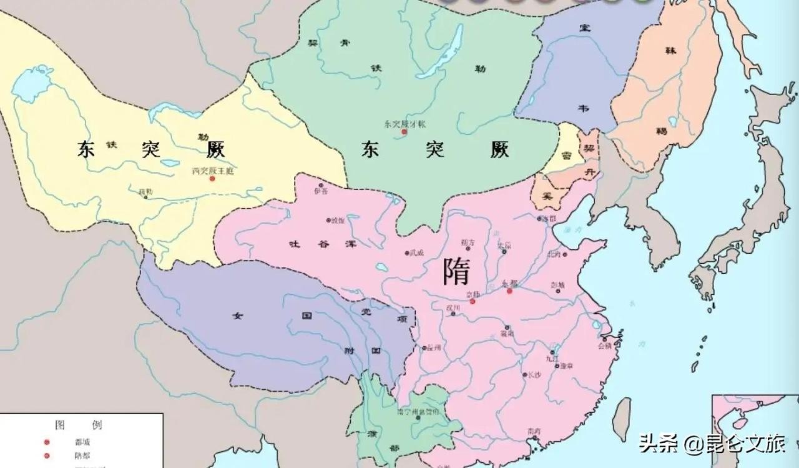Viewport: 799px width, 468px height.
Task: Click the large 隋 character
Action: [456, 271]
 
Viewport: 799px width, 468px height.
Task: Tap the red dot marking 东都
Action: [509, 291]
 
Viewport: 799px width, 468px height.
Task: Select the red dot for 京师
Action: [473, 301]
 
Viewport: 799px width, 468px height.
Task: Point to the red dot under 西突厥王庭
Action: [212, 179]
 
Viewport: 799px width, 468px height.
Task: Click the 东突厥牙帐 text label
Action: [404, 124]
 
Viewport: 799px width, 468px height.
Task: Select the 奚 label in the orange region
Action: [547, 196]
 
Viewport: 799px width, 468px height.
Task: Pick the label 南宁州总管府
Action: [418, 412]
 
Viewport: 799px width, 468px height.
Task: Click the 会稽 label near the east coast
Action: [604, 345]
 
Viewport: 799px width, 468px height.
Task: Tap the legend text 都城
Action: [82, 442]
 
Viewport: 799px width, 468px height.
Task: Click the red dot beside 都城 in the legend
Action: [46, 442]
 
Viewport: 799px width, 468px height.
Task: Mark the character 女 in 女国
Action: [237, 316]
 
